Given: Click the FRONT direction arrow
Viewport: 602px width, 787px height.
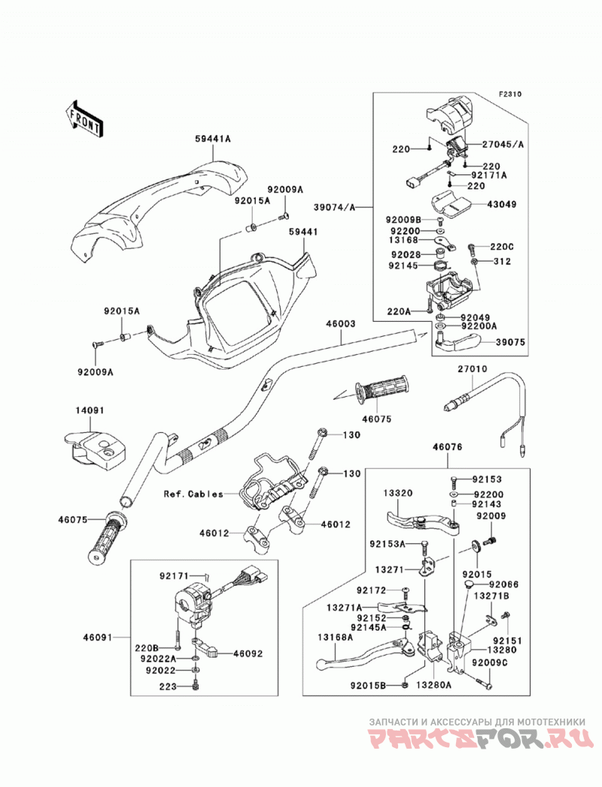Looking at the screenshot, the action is click(84, 119).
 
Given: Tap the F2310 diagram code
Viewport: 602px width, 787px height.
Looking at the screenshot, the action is click(510, 94).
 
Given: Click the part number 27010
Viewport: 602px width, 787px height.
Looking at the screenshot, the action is click(472, 369).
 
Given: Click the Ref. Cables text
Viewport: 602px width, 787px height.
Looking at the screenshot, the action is click(193, 494).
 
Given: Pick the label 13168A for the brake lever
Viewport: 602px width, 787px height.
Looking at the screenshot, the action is click(335, 637).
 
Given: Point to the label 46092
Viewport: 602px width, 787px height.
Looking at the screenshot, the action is click(247, 653).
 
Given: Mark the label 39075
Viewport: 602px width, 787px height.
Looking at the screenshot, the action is click(510, 342).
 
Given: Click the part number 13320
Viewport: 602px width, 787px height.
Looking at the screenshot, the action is click(397, 493).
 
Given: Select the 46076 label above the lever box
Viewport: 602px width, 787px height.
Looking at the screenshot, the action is click(447, 446).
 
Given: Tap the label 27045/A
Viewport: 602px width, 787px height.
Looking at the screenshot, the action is click(503, 144).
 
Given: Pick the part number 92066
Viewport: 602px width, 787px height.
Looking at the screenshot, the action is click(503, 585).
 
